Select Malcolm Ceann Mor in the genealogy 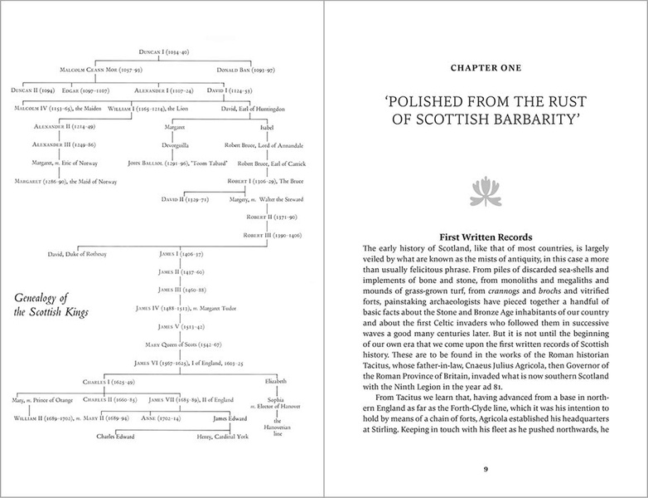(100, 69)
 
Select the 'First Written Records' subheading (486, 237)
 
